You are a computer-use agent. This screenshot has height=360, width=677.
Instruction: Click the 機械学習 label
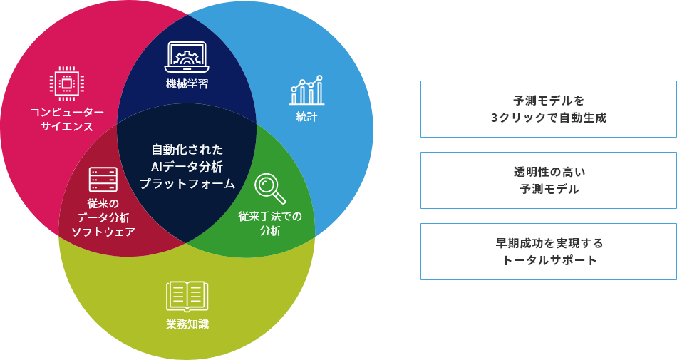pos(187,83)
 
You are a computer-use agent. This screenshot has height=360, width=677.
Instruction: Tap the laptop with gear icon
pos(187,57)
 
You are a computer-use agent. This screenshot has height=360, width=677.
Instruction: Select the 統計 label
pos(306,117)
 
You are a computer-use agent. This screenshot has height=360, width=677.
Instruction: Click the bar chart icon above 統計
pos(306,91)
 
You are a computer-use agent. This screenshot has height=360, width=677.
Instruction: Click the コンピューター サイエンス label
pos(66,119)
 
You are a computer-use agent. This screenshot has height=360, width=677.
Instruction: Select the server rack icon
pos(103,179)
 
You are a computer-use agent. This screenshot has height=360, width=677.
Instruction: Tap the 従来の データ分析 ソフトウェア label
pos(103,217)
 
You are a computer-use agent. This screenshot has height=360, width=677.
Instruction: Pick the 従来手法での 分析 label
pos(270,223)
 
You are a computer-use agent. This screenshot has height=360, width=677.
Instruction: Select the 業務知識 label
pos(187,324)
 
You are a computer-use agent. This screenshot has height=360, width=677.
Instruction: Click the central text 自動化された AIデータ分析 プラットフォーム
pos(187,167)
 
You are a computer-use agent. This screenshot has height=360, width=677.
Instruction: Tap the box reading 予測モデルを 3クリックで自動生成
pos(548,108)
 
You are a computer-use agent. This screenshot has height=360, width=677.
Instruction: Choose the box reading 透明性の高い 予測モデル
pos(548,180)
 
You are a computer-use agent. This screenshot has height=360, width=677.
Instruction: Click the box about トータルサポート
pos(548,252)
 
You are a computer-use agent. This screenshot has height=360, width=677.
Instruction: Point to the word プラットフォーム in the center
pos(187,184)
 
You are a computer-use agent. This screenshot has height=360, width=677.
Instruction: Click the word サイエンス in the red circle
pos(66,127)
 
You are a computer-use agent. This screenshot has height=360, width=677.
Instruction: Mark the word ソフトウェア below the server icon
pos(103,232)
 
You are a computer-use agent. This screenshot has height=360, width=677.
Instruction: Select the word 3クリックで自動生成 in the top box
pos(548,117)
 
